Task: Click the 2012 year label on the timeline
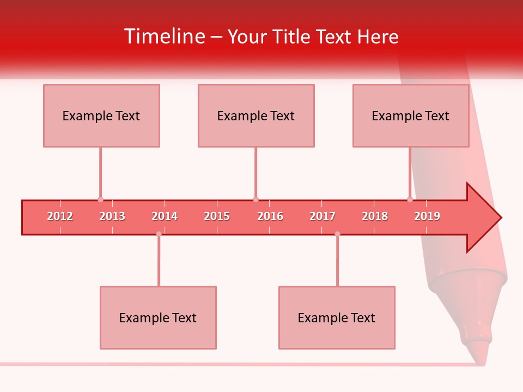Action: point(60,216)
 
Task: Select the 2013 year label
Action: point(112,216)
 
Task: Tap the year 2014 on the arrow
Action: point(165,216)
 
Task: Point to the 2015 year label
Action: point(217,216)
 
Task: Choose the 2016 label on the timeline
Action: point(270,216)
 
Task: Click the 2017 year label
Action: point(323,216)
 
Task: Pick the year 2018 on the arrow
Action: point(375,216)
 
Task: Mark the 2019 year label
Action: point(427,216)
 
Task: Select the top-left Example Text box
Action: point(101,115)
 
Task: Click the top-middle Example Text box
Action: point(256,115)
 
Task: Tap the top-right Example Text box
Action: point(411,115)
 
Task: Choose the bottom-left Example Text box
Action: point(158,317)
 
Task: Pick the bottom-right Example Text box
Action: point(337,317)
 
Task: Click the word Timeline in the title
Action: point(164,36)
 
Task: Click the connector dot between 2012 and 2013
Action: point(100,199)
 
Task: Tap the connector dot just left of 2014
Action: point(159,234)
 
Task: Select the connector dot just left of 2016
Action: point(256,199)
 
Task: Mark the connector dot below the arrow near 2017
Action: point(337,234)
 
